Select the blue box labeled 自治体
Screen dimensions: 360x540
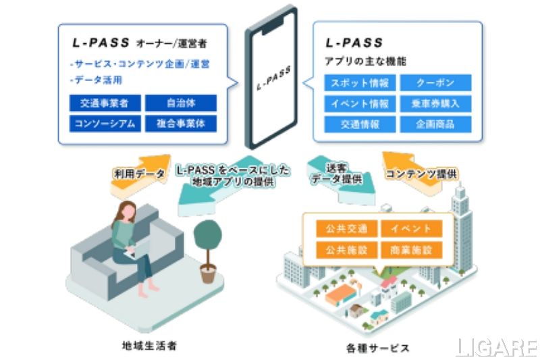click(181, 103)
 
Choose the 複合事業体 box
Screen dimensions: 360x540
click(181, 124)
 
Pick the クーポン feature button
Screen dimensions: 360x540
click(435, 83)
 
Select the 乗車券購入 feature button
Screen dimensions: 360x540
click(435, 104)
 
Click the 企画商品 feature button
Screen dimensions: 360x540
click(435, 125)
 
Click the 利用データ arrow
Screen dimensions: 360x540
click(140, 174)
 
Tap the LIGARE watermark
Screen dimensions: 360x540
click(496, 347)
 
